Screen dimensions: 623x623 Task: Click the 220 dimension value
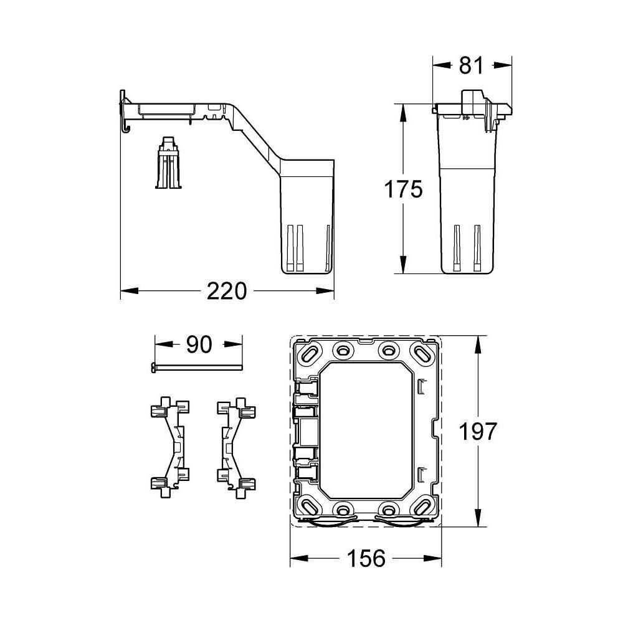tap(227, 291)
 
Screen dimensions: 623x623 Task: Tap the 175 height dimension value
tap(402, 189)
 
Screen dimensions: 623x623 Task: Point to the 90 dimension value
tap(198, 345)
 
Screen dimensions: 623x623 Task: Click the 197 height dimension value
tap(478, 431)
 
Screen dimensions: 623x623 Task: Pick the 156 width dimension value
tap(366, 558)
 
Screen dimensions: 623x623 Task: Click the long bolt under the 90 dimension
tap(196, 368)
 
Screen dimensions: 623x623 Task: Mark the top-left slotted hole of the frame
tap(309, 354)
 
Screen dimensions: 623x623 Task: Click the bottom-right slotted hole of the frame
tap(421, 506)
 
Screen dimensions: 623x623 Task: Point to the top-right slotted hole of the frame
tap(422, 354)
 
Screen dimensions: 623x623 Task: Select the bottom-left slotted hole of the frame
tap(309, 506)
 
